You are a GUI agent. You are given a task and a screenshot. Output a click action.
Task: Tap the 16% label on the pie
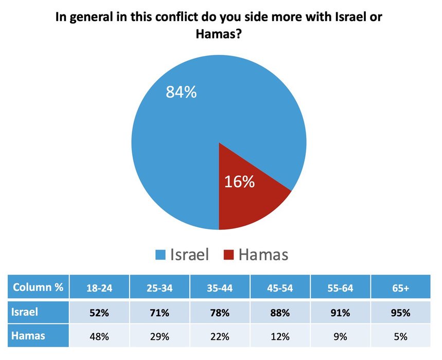pos(240,182)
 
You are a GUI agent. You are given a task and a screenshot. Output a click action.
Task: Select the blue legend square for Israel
pos(160,255)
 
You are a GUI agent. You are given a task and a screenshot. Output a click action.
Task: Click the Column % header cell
pos(38,287)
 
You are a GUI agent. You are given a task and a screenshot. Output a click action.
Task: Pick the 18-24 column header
pos(100,289)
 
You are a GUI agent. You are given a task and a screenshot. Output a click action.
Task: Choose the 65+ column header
pos(400,289)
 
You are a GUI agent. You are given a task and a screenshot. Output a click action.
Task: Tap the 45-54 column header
pos(280,289)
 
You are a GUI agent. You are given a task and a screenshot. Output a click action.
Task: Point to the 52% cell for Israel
pos(100,313)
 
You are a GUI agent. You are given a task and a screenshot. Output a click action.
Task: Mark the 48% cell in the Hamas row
pos(100,337)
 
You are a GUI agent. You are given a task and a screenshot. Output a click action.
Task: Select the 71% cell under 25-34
pos(160,313)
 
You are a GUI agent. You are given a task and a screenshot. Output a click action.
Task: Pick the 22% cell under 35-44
pos(220,337)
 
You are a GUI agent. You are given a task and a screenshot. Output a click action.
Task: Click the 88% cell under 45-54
pos(280,313)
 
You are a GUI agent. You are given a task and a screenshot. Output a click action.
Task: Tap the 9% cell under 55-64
pos(340,337)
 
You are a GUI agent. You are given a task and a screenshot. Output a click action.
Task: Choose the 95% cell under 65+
pos(400,313)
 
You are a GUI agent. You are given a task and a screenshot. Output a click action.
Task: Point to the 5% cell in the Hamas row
pos(400,337)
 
